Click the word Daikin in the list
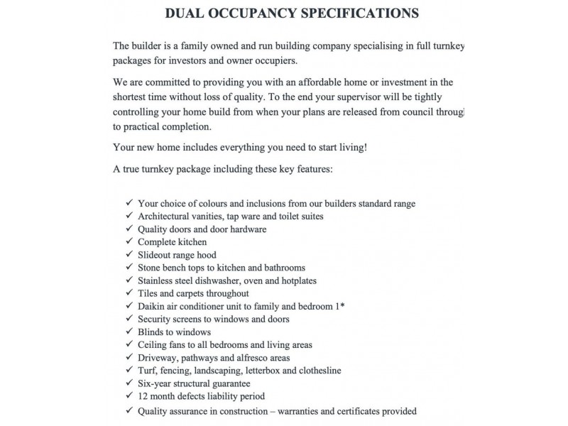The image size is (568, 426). click(152, 307)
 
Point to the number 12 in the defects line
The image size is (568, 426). click(143, 396)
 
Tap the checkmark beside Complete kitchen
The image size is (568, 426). click(129, 242)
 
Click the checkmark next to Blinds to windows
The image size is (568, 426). click(129, 332)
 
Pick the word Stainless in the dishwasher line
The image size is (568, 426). click(157, 280)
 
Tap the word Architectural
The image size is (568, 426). click(165, 216)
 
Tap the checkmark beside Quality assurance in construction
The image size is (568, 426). click(129, 410)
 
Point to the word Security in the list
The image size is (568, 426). click(155, 319)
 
